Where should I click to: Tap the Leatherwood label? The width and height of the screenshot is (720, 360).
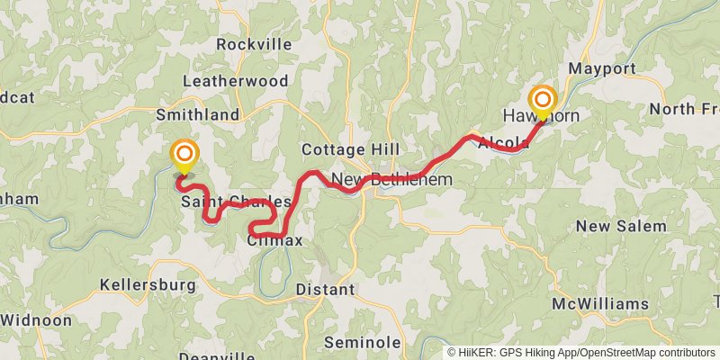pyautogui.click(x=235, y=81)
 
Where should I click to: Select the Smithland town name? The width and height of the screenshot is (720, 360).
pyautogui.click(x=198, y=114)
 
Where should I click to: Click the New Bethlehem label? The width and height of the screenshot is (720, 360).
pyautogui.click(x=391, y=180)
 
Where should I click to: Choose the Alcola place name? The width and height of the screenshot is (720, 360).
pyautogui.click(x=503, y=142)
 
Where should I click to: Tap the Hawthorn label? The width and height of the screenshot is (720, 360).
pyautogui.click(x=540, y=117)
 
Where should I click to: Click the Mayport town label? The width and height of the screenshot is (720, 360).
pyautogui.click(x=602, y=69)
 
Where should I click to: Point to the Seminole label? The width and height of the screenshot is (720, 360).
pyautogui.click(x=362, y=342)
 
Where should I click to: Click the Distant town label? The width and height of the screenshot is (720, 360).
pyautogui.click(x=326, y=290)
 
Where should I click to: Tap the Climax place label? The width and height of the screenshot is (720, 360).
pyautogui.click(x=274, y=241)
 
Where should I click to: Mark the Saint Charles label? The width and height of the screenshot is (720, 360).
pyautogui.click(x=236, y=202)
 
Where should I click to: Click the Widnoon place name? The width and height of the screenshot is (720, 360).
pyautogui.click(x=36, y=319)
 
